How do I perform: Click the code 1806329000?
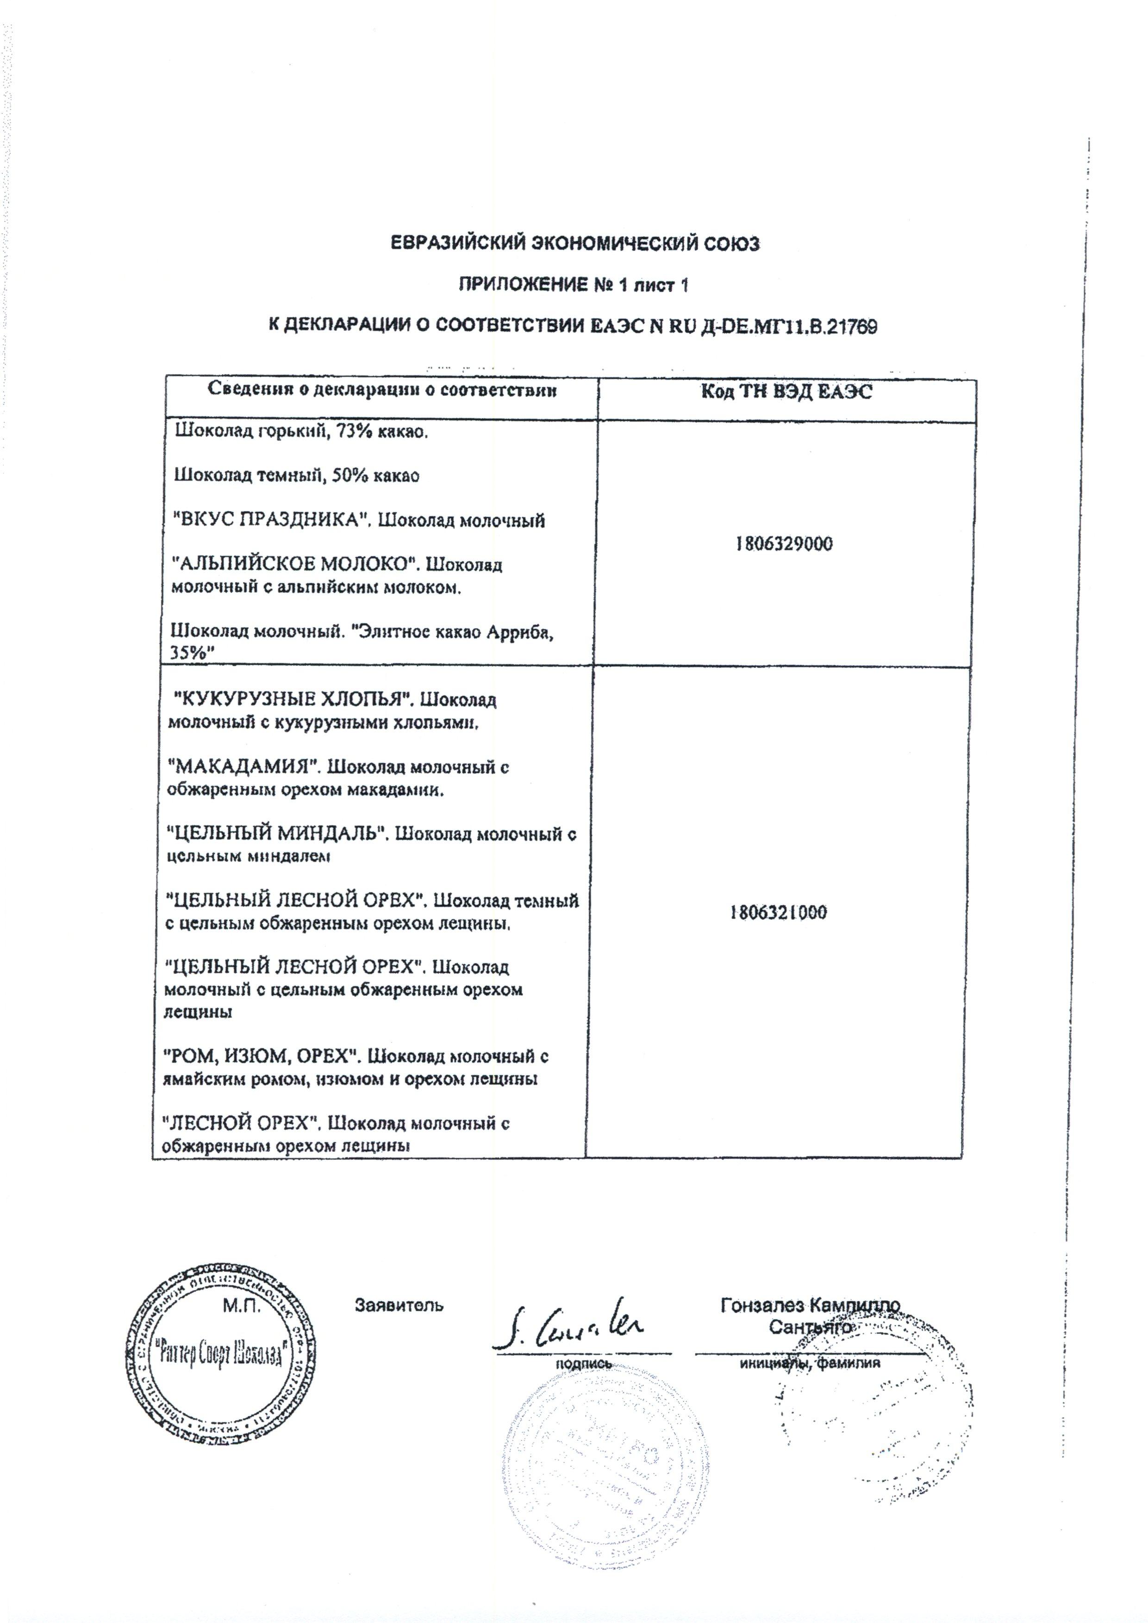783,544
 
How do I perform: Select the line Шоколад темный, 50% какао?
297,476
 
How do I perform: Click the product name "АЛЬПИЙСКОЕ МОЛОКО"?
292,566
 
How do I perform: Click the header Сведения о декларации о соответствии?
382,391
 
